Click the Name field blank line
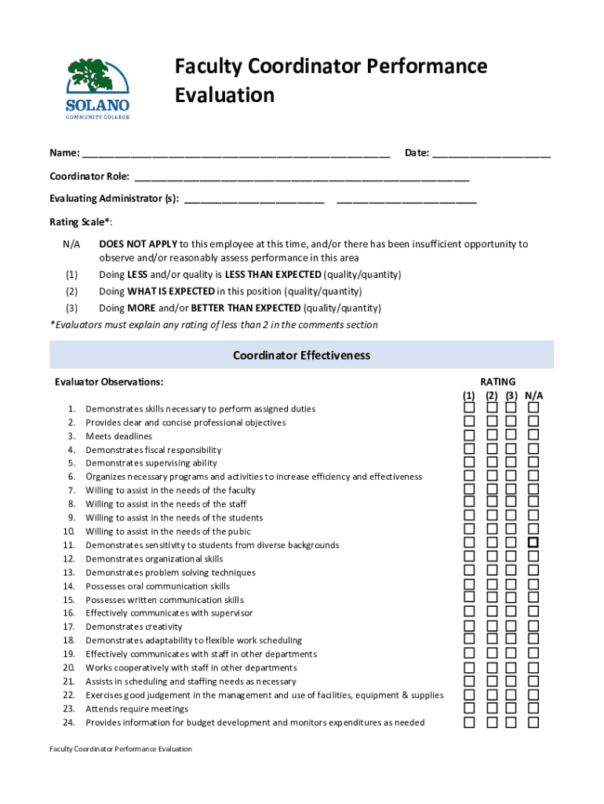point(235,153)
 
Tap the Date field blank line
point(491,153)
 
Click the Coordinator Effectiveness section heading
point(301,356)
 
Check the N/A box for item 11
point(533,543)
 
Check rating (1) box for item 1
point(469,408)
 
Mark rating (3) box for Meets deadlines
point(511,436)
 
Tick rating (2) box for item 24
point(491,722)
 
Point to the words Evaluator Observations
point(109,382)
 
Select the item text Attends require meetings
point(136,709)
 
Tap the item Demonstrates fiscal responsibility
point(153,450)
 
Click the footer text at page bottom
point(120,749)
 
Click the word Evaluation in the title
point(224,96)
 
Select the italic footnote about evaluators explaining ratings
point(213,325)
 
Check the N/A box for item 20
point(533,667)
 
